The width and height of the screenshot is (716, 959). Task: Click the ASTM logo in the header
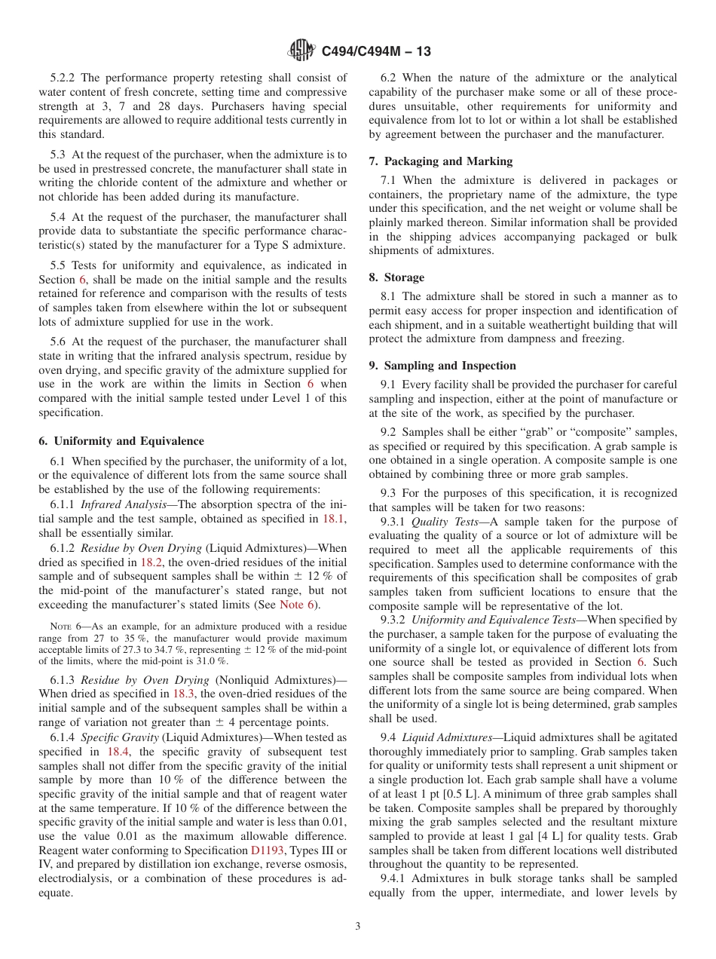pos(301,51)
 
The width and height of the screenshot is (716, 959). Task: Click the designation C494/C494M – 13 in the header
pos(376,52)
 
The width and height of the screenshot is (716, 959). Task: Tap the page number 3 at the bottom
pos(358,927)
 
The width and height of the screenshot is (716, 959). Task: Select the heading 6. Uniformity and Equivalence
pos(121,441)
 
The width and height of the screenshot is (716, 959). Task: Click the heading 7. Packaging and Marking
pos(441,161)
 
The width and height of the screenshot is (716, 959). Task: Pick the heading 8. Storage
pos(396,277)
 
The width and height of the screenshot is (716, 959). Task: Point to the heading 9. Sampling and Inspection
pos(442,366)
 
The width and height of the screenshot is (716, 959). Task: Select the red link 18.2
pos(148,562)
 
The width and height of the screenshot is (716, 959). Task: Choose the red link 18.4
pos(118,752)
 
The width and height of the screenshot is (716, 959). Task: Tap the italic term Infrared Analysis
pos(112,504)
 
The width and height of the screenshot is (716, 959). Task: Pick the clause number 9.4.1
pos(396,878)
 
